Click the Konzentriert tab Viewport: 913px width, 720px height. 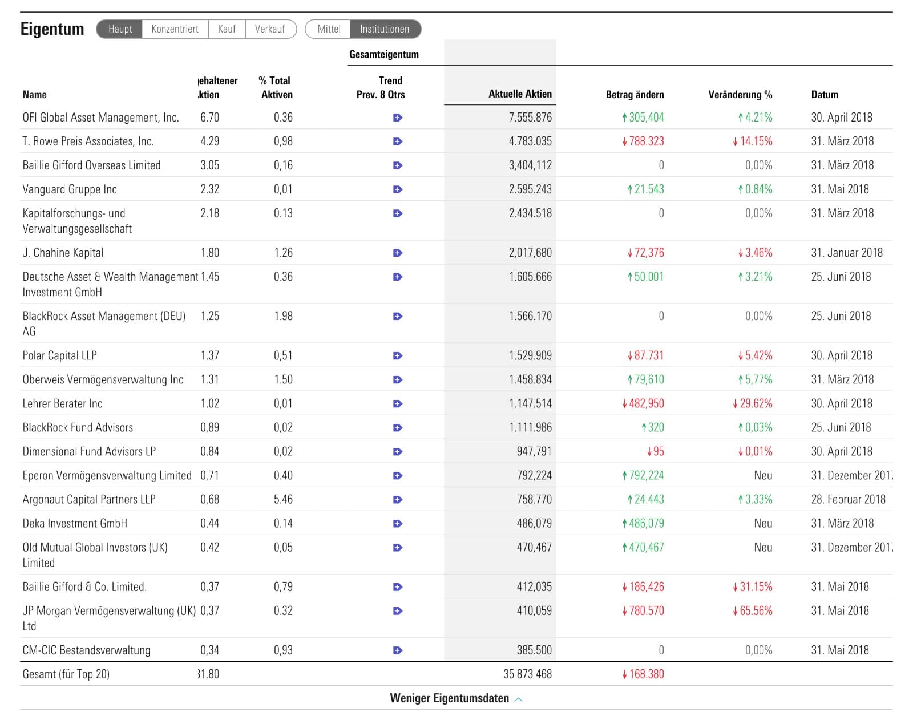(x=175, y=29)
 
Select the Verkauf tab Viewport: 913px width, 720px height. (x=270, y=29)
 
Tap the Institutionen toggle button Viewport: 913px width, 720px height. (x=385, y=29)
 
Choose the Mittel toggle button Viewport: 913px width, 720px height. (x=329, y=29)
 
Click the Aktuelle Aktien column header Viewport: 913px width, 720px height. (x=520, y=94)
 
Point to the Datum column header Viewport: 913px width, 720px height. (x=825, y=95)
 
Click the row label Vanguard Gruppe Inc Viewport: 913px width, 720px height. (x=70, y=189)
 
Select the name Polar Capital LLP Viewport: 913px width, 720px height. (x=60, y=355)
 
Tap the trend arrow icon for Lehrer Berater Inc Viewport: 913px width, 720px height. (x=398, y=404)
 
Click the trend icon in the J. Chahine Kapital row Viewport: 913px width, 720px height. (x=398, y=253)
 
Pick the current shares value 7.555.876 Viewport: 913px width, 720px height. (x=530, y=118)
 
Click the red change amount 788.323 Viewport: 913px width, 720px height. (x=646, y=141)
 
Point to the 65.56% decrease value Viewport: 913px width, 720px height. (x=756, y=611)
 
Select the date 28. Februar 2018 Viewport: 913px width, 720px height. (x=848, y=500)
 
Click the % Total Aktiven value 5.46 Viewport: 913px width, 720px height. (x=283, y=500)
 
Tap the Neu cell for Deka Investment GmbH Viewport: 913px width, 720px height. (x=763, y=524)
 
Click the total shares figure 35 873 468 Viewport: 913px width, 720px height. (x=527, y=674)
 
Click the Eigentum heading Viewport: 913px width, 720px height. (x=52, y=29)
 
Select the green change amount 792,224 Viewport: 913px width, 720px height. (x=646, y=476)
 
